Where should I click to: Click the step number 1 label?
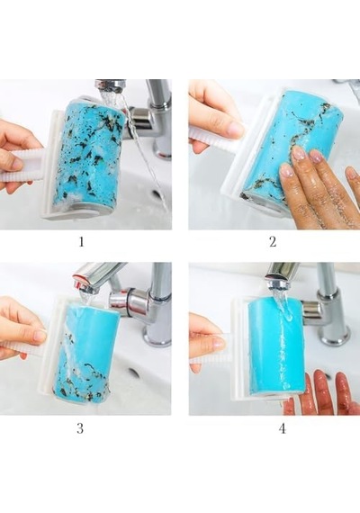click(x=81, y=242)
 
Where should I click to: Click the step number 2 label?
click(x=273, y=242)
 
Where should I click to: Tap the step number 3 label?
click(x=80, y=428)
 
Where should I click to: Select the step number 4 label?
click(x=282, y=428)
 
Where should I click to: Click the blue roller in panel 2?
click(x=288, y=148)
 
